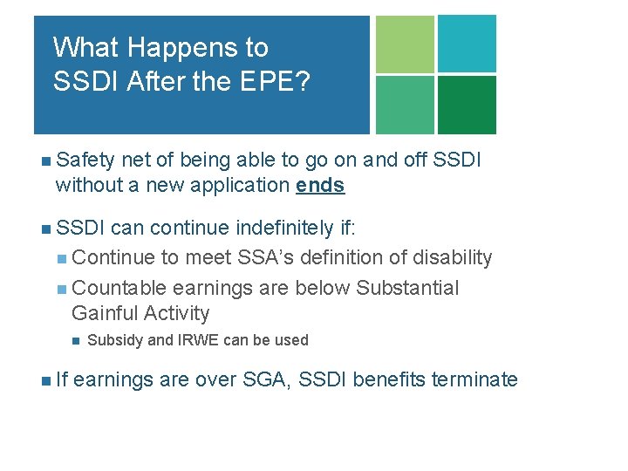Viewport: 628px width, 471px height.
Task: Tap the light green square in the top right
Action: coord(404,44)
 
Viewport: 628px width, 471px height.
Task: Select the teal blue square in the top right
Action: coord(467,44)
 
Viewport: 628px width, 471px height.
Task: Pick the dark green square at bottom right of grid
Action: coord(467,105)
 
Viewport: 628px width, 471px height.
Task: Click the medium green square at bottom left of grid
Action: coord(404,105)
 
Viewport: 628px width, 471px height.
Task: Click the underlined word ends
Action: coord(320,185)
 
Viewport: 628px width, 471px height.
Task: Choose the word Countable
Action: coord(119,288)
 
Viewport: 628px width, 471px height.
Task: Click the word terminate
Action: coord(474,379)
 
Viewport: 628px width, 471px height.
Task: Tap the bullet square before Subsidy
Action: coord(75,340)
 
